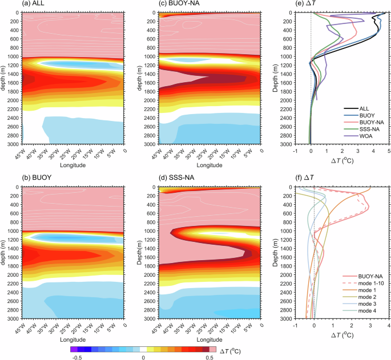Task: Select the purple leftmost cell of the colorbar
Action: click(74, 347)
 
